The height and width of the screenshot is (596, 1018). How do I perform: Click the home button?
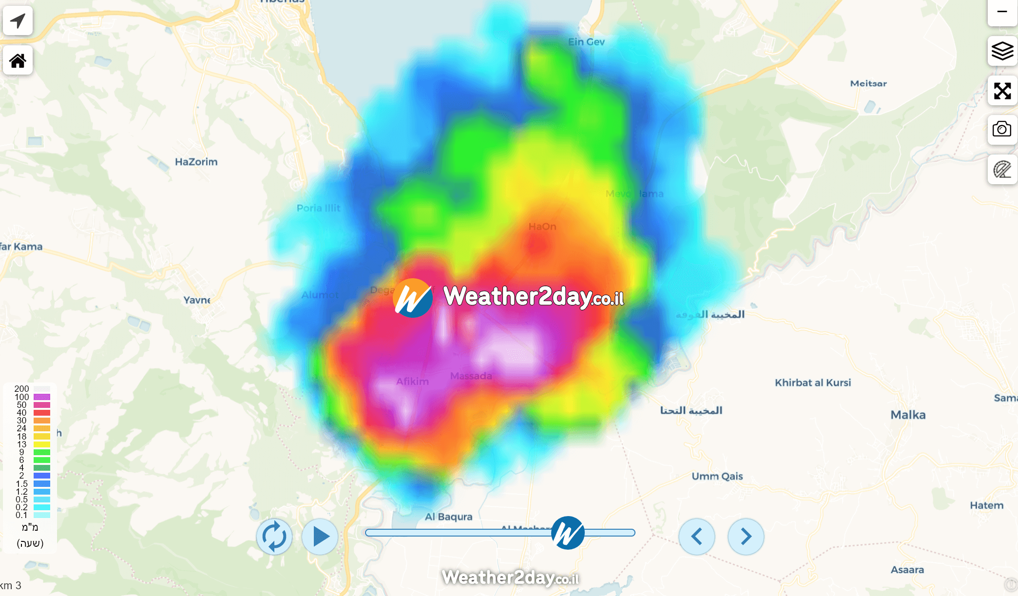tap(18, 60)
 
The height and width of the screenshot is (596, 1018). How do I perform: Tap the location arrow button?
tap(18, 21)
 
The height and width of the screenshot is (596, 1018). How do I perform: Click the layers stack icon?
tap(1002, 51)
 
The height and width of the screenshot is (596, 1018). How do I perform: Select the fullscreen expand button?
tap(1002, 91)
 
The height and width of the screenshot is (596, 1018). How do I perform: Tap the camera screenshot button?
tap(1002, 130)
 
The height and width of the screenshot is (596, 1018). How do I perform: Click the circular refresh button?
tap(274, 537)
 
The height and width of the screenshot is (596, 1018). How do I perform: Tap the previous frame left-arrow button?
tap(697, 537)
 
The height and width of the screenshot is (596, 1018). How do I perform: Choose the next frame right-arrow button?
tap(746, 537)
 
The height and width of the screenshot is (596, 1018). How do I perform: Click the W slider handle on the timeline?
tap(568, 533)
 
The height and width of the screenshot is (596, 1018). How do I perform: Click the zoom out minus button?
tap(1002, 12)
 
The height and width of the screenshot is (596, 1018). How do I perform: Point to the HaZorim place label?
tap(196, 162)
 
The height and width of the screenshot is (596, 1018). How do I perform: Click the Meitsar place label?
tap(868, 83)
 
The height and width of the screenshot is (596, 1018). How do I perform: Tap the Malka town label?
tap(908, 415)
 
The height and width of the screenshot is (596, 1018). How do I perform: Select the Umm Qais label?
tap(717, 476)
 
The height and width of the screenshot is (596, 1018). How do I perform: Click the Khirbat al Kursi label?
tap(813, 383)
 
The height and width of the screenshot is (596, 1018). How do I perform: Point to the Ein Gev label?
tap(586, 42)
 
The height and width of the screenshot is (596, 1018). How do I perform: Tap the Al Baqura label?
tap(448, 517)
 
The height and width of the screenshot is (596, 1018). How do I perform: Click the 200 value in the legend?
tap(21, 389)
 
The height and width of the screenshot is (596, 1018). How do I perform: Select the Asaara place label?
tap(907, 570)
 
